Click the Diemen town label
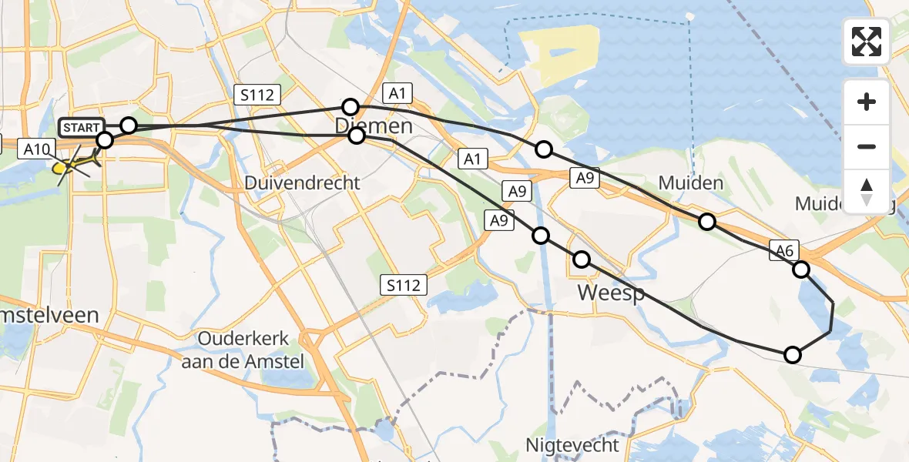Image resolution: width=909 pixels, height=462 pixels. pos(374,126)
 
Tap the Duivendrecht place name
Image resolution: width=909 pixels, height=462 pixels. pos(302,183)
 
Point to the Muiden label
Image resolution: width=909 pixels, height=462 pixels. pos(691,182)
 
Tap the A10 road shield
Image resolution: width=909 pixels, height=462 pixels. pos(37,149)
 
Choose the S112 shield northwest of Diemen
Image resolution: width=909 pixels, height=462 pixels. pos(257,95)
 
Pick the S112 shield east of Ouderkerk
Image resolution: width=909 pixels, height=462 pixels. pos(404,286)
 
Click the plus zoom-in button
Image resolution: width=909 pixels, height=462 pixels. pos(867,102)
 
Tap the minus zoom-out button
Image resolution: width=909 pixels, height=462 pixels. pos(867,146)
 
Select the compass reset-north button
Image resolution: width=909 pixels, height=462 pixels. pos(867,191)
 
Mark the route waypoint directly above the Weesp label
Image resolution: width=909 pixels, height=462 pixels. pos(581,260)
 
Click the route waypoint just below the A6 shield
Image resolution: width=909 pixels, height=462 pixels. pos(801,269)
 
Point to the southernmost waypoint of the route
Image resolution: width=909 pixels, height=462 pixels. pos(792,355)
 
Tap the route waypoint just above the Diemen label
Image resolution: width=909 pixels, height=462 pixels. pos(351,106)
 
